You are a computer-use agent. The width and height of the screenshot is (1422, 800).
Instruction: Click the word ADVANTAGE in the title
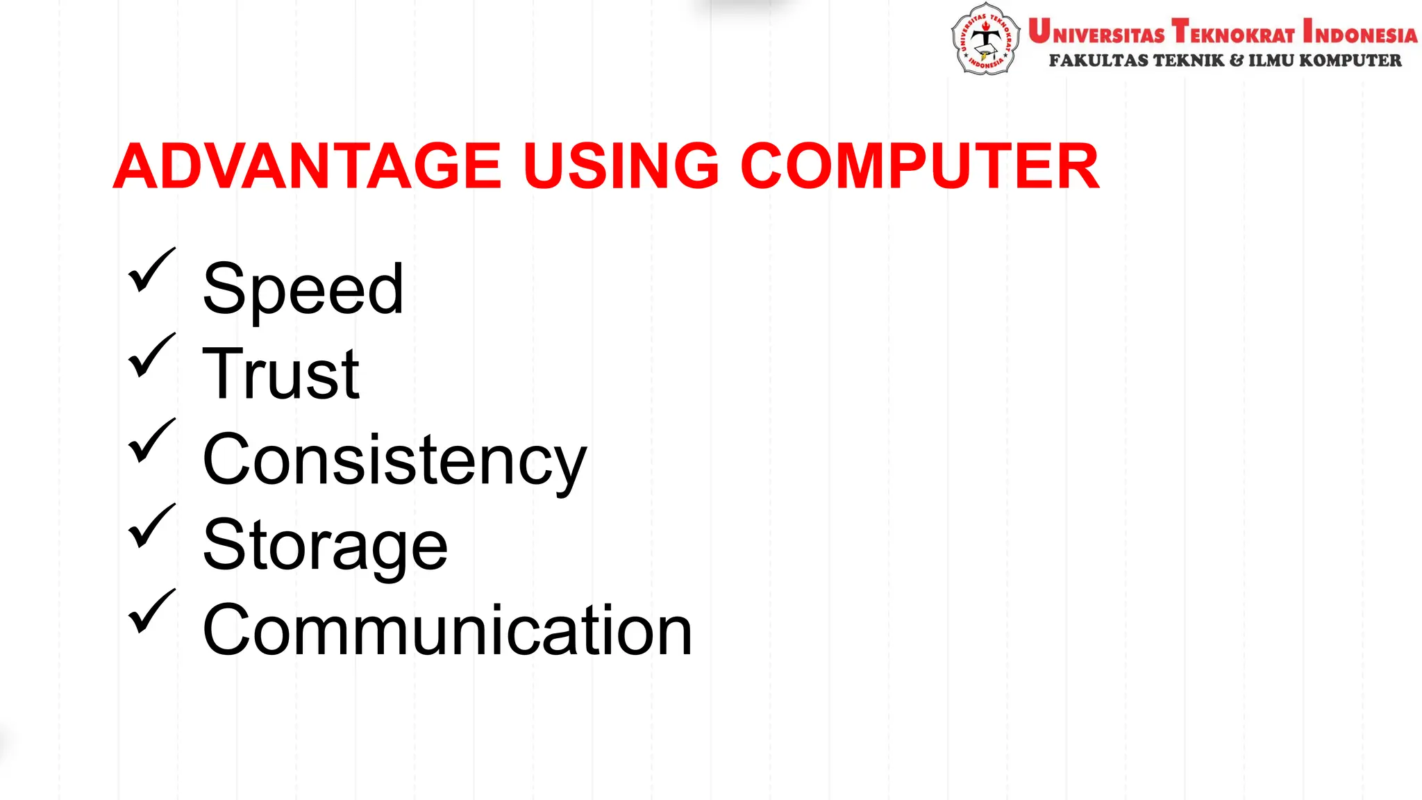[x=307, y=166]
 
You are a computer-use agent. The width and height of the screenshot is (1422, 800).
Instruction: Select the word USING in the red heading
[x=621, y=166]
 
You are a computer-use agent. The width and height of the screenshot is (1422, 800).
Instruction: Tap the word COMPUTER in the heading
[x=920, y=166]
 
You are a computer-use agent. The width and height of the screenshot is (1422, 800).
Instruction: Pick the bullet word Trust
[x=281, y=374]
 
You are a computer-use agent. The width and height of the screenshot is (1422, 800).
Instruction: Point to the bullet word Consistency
[x=394, y=460]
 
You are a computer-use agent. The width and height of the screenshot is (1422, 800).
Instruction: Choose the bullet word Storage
[x=325, y=545]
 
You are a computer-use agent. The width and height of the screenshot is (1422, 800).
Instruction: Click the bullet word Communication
[x=447, y=631]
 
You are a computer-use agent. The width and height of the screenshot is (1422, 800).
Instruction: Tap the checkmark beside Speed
[x=151, y=270]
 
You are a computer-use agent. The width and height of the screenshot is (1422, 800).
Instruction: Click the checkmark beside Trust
[x=151, y=356]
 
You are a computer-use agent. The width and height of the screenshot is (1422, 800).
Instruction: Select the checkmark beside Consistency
[x=151, y=441]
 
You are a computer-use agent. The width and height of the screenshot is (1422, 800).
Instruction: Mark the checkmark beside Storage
[x=151, y=526]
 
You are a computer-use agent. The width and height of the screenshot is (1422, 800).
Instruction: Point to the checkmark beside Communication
[x=151, y=612]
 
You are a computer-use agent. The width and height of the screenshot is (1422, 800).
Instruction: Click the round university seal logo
[x=985, y=39]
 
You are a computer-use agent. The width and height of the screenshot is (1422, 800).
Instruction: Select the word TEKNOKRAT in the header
[x=1233, y=33]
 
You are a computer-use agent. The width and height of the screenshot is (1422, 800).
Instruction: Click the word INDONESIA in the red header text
[x=1360, y=33]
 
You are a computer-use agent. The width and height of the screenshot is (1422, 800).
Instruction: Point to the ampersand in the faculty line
[x=1237, y=61]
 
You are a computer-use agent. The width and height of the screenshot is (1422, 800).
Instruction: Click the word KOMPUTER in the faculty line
[x=1350, y=61]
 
